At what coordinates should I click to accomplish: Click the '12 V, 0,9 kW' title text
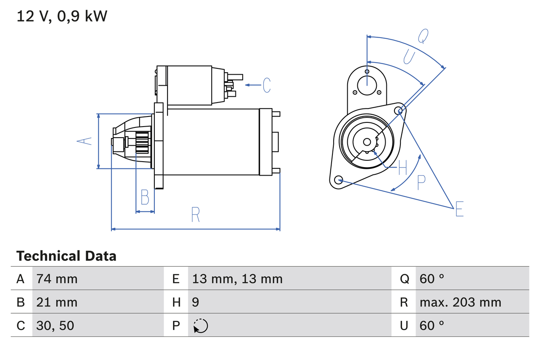point(62,16)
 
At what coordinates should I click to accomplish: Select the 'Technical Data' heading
point(66,256)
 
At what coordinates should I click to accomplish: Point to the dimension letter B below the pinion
point(145,197)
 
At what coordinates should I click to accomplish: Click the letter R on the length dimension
point(195,215)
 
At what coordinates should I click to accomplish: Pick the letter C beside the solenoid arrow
point(266,85)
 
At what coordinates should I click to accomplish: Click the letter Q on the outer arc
point(423,36)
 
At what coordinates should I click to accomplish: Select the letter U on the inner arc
point(409,57)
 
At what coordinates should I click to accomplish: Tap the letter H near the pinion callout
point(402,168)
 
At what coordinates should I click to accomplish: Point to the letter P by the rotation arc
point(421,182)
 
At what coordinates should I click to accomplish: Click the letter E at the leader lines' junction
point(459,209)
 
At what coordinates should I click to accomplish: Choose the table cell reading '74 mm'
point(57,279)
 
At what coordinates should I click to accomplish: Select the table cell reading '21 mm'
point(57,302)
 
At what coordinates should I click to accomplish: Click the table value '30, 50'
point(55,325)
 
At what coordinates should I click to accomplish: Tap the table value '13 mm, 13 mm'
point(237,279)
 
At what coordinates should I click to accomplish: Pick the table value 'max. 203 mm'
point(460,302)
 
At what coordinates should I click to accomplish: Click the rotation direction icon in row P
point(200,326)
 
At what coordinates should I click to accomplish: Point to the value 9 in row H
point(196,302)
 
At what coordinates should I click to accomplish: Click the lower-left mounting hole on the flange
point(338,180)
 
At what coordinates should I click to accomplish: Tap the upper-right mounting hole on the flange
point(399,111)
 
